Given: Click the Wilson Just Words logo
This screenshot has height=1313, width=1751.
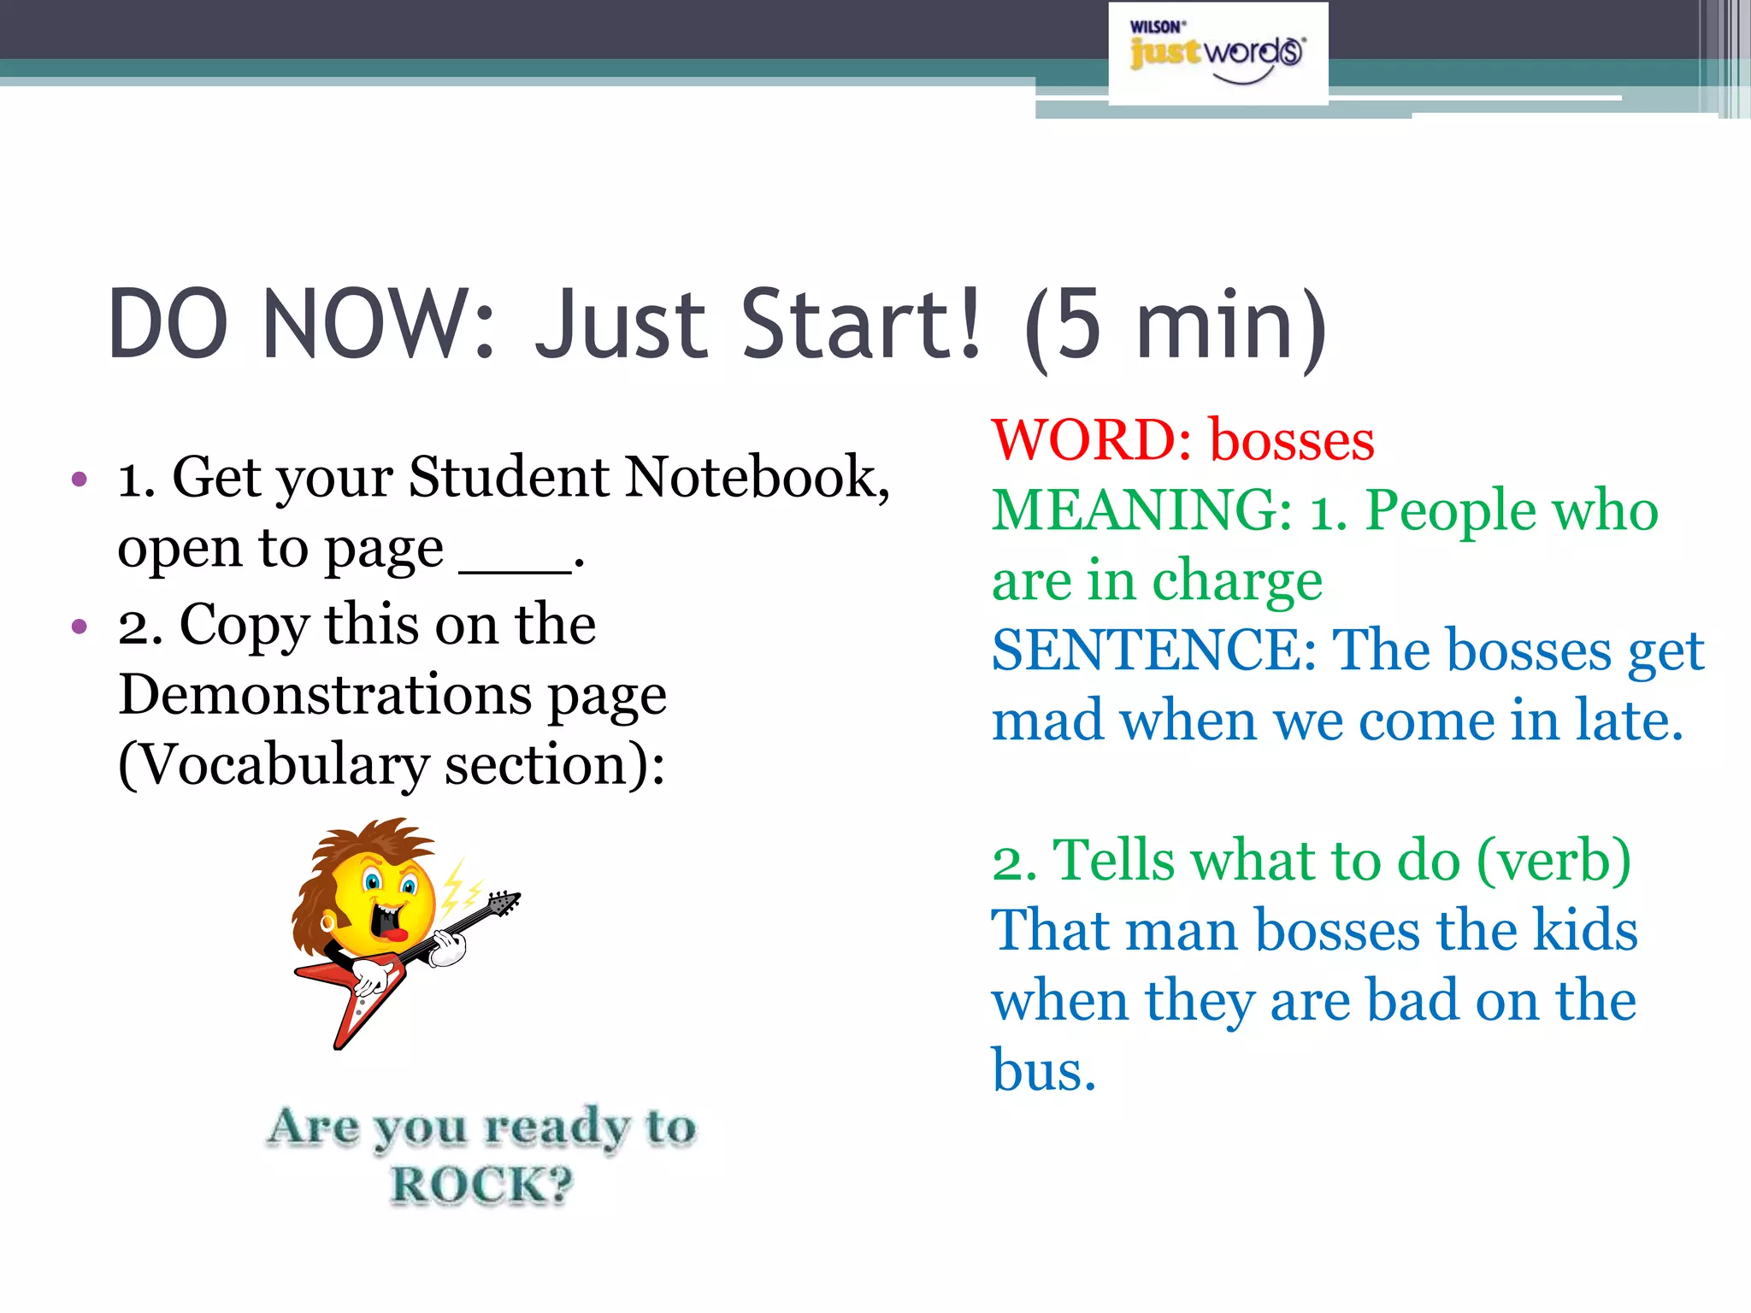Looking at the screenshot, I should click(x=1217, y=53).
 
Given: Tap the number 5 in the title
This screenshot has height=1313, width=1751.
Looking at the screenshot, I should click(x=1079, y=325).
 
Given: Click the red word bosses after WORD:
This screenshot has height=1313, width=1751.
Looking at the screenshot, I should click(x=1291, y=441).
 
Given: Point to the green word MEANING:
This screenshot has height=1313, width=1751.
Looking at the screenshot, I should click(x=1142, y=511).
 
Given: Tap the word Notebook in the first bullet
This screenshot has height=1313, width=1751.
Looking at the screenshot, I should click(x=757, y=477).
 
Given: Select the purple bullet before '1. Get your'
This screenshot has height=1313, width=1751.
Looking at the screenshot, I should click(x=80, y=480).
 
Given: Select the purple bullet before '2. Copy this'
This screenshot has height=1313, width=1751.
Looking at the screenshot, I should click(x=80, y=627).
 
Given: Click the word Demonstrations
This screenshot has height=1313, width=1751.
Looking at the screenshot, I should click(x=326, y=694).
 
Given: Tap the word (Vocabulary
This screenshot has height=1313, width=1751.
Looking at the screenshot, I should click(x=274, y=766).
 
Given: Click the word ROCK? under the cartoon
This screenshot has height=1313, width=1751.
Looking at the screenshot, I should click(x=481, y=1186).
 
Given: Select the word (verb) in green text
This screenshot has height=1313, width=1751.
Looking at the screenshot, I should click(x=1554, y=862).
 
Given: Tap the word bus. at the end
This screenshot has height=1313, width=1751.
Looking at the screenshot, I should click(x=1043, y=1070).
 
